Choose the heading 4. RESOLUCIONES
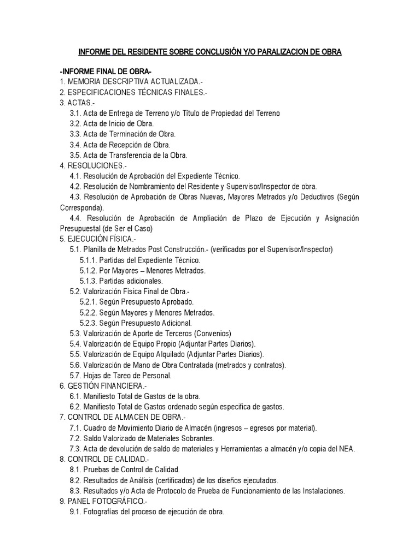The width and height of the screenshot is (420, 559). point(93,165)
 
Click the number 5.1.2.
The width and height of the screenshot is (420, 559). point(89,270)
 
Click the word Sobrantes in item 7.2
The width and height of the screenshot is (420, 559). point(196,438)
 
